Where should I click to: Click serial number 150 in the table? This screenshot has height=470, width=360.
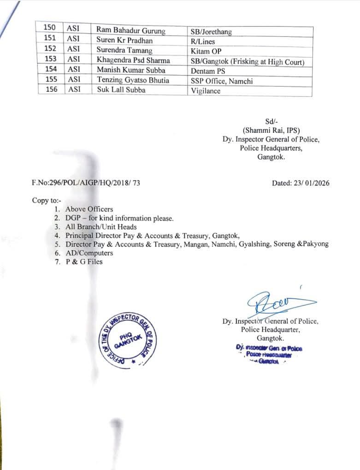49,28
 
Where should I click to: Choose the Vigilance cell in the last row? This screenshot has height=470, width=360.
206,91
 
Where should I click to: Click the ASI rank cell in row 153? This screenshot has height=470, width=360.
74,60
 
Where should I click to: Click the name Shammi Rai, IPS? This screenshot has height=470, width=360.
271,131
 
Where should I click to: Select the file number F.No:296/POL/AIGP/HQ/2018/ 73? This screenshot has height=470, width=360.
86,183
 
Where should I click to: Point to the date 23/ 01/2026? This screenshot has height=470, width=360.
301,183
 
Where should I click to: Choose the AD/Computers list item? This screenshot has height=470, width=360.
89,253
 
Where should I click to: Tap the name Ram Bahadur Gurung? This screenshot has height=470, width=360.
131,30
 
